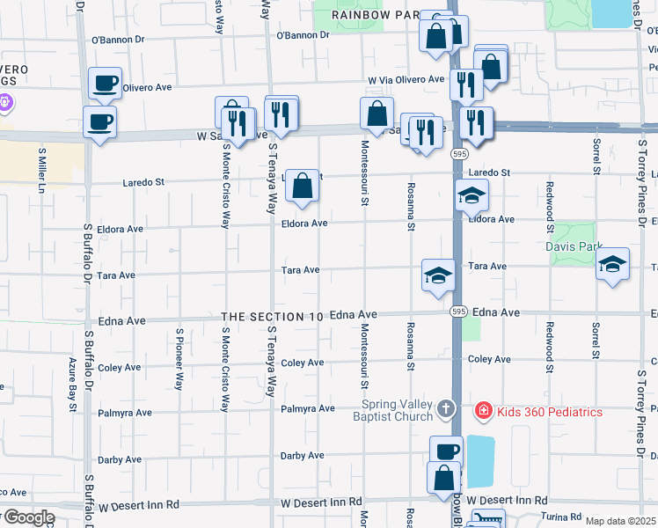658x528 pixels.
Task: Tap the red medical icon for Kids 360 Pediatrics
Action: pos(483,411)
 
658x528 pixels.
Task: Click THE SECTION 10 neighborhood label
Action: pos(274,316)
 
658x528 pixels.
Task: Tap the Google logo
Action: pos(28,517)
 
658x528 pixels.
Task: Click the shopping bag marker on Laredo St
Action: pos(302,187)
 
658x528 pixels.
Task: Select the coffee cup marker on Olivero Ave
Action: pos(105,84)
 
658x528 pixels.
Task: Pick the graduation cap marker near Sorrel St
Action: pos(612,265)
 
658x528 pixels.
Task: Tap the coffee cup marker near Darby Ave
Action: pos(446,452)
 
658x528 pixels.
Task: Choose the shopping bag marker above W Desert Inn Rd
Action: pos(443,478)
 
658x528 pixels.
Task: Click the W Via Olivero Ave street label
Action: pos(406,79)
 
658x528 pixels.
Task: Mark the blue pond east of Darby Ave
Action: pos(479,460)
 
